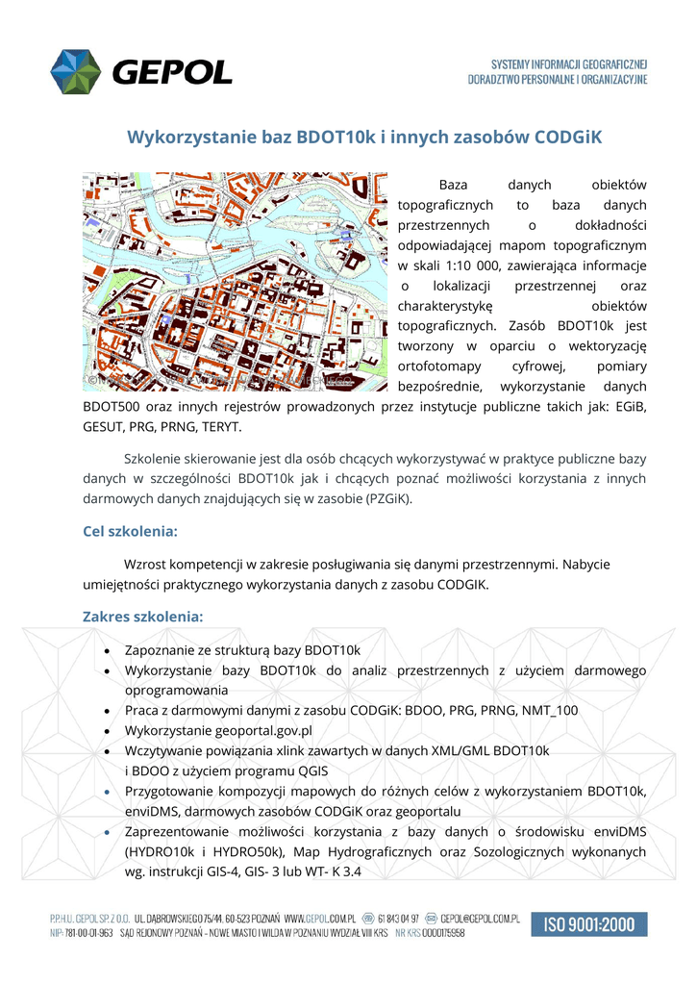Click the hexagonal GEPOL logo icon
pyautogui.click(x=76, y=72)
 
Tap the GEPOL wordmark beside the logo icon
pyautogui.click(x=172, y=72)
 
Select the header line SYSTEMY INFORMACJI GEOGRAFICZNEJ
pyautogui.click(x=569, y=63)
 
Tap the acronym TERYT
pyautogui.click(x=220, y=426)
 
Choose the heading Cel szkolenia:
pyautogui.click(x=130, y=531)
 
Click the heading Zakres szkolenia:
pyautogui.click(x=143, y=616)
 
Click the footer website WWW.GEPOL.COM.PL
pyautogui.click(x=321, y=920)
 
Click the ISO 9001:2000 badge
pyautogui.click(x=589, y=924)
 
